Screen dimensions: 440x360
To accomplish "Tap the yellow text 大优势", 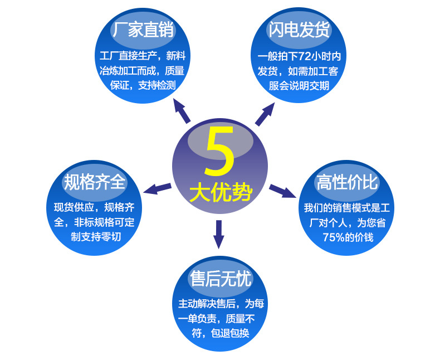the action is pos(221,192).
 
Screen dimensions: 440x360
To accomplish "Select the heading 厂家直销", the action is pos(143,30).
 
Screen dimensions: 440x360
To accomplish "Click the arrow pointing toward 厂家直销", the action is pos(181,111).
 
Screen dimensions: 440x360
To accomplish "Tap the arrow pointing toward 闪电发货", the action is pos(265,114).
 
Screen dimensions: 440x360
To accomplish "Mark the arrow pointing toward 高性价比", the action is pos(282,191).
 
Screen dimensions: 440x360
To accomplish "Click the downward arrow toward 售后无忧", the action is pos(219,234).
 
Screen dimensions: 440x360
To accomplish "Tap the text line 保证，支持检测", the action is pos(143,85).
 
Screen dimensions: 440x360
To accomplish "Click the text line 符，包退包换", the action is pos(221,333).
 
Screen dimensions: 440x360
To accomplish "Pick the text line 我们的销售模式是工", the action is pos(347,208).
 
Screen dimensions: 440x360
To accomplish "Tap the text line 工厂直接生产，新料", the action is pos(143,56).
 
